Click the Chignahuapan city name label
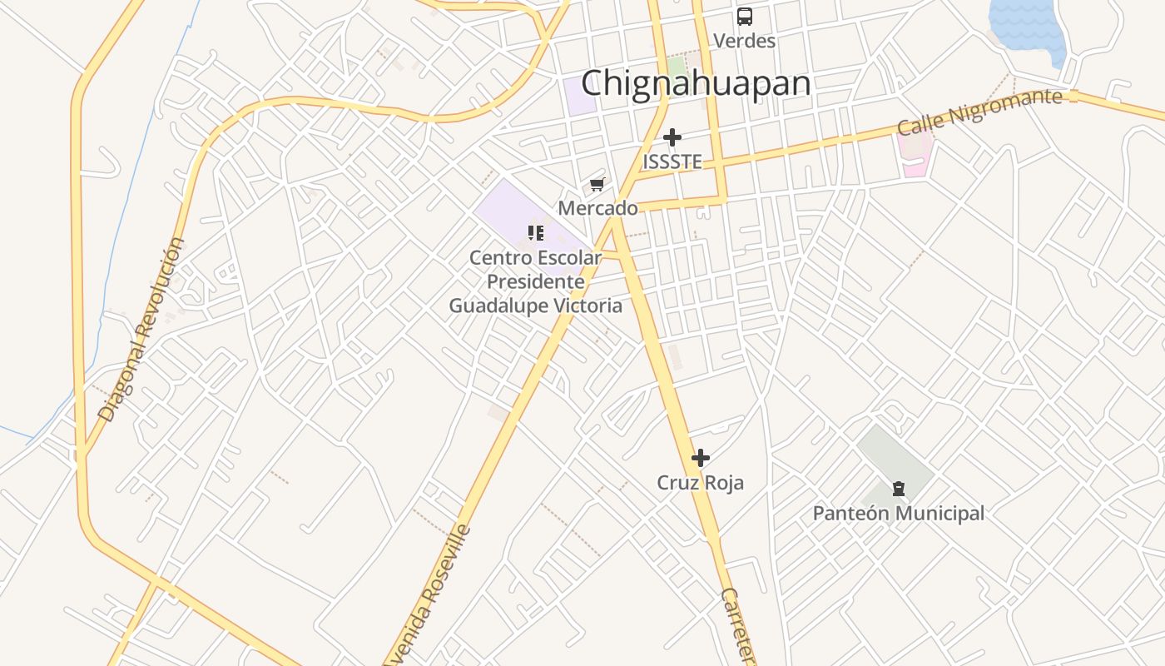[696, 83]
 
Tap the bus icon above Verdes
[744, 16]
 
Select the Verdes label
[744, 40]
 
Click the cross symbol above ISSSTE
[672, 137]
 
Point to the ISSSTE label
[672, 162]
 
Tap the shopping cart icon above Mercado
[597, 184]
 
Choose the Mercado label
[597, 208]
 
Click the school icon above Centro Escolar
[535, 232]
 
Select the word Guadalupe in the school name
[497, 306]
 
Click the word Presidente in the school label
[535, 281]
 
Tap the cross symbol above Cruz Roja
[701, 457]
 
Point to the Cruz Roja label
[701, 483]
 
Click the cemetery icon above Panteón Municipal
[898, 488]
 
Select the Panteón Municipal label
[899, 513]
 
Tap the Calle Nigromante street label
[979, 112]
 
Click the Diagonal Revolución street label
[141, 329]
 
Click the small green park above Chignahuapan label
[676, 65]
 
